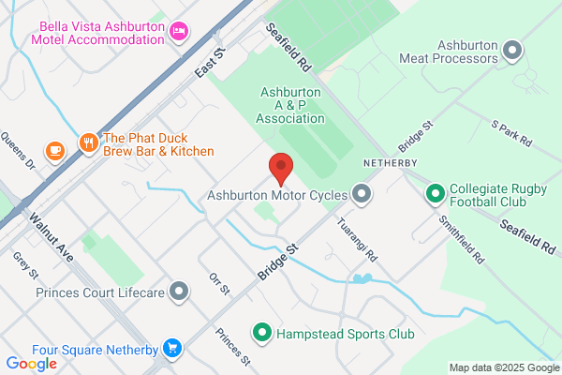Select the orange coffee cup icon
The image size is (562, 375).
55,150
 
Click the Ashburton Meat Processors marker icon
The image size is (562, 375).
511,50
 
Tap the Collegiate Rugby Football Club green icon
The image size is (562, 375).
435,194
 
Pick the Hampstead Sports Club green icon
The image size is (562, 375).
263,332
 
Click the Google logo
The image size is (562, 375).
31,363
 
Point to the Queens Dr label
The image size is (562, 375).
21,150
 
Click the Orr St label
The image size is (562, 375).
219,285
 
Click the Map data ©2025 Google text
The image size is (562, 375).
502,367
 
